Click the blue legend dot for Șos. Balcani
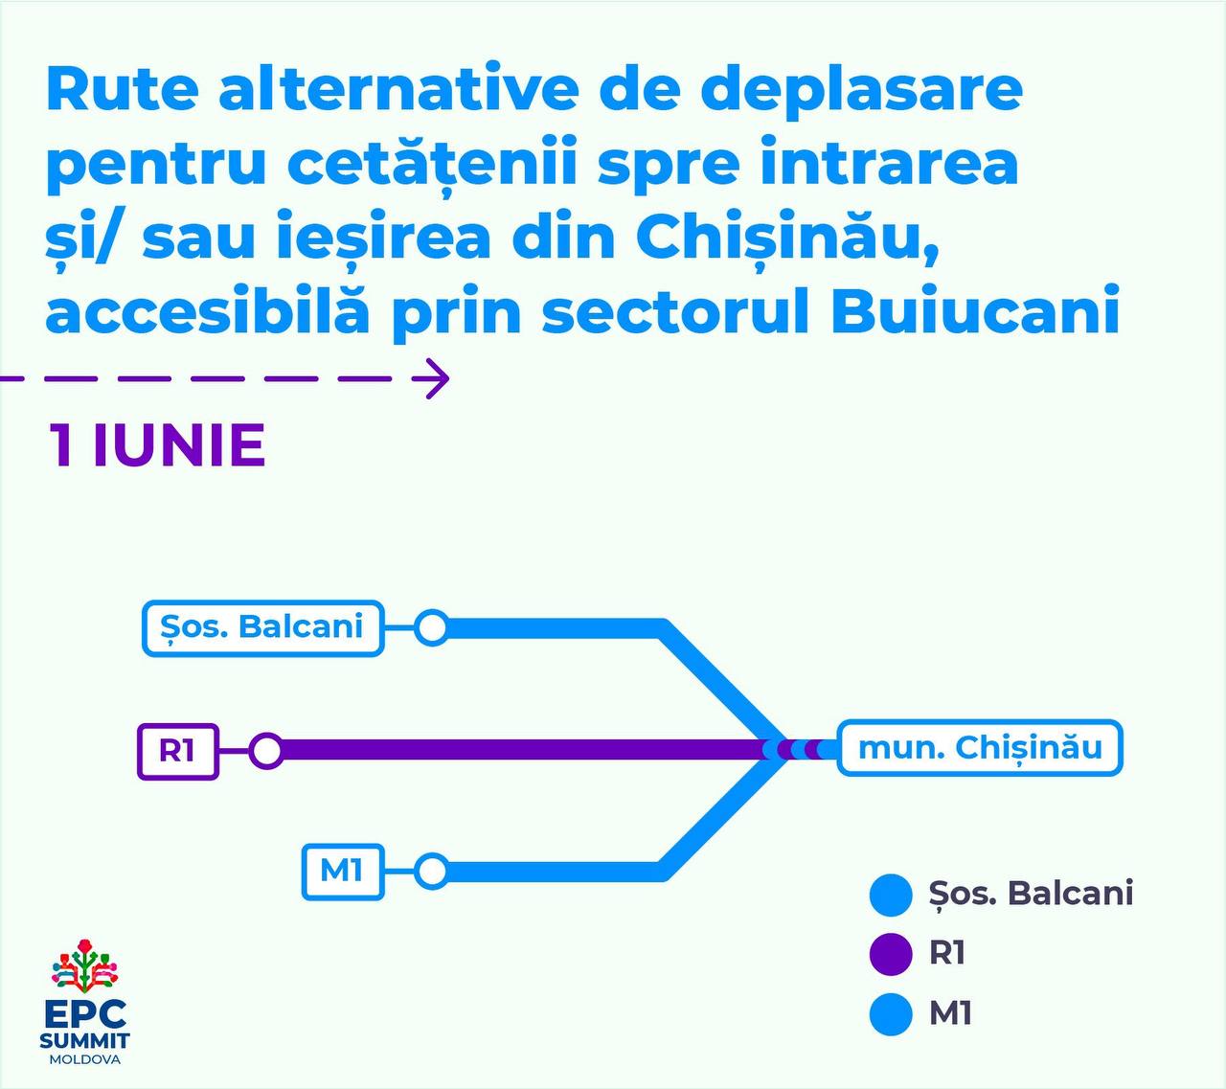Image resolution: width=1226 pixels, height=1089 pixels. tap(890, 894)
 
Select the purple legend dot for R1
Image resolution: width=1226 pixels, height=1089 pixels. tap(890, 954)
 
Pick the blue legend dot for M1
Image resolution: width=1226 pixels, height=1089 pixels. tap(890, 1014)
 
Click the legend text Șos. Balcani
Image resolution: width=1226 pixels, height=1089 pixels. tap(1032, 894)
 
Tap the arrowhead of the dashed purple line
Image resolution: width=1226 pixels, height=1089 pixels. tap(448, 378)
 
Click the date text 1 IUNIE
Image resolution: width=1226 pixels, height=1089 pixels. tap(157, 445)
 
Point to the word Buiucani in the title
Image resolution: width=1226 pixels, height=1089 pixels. tap(975, 315)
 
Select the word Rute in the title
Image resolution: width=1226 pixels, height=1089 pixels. tap(123, 90)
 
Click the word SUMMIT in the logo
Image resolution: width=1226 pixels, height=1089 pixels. tap(84, 1040)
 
